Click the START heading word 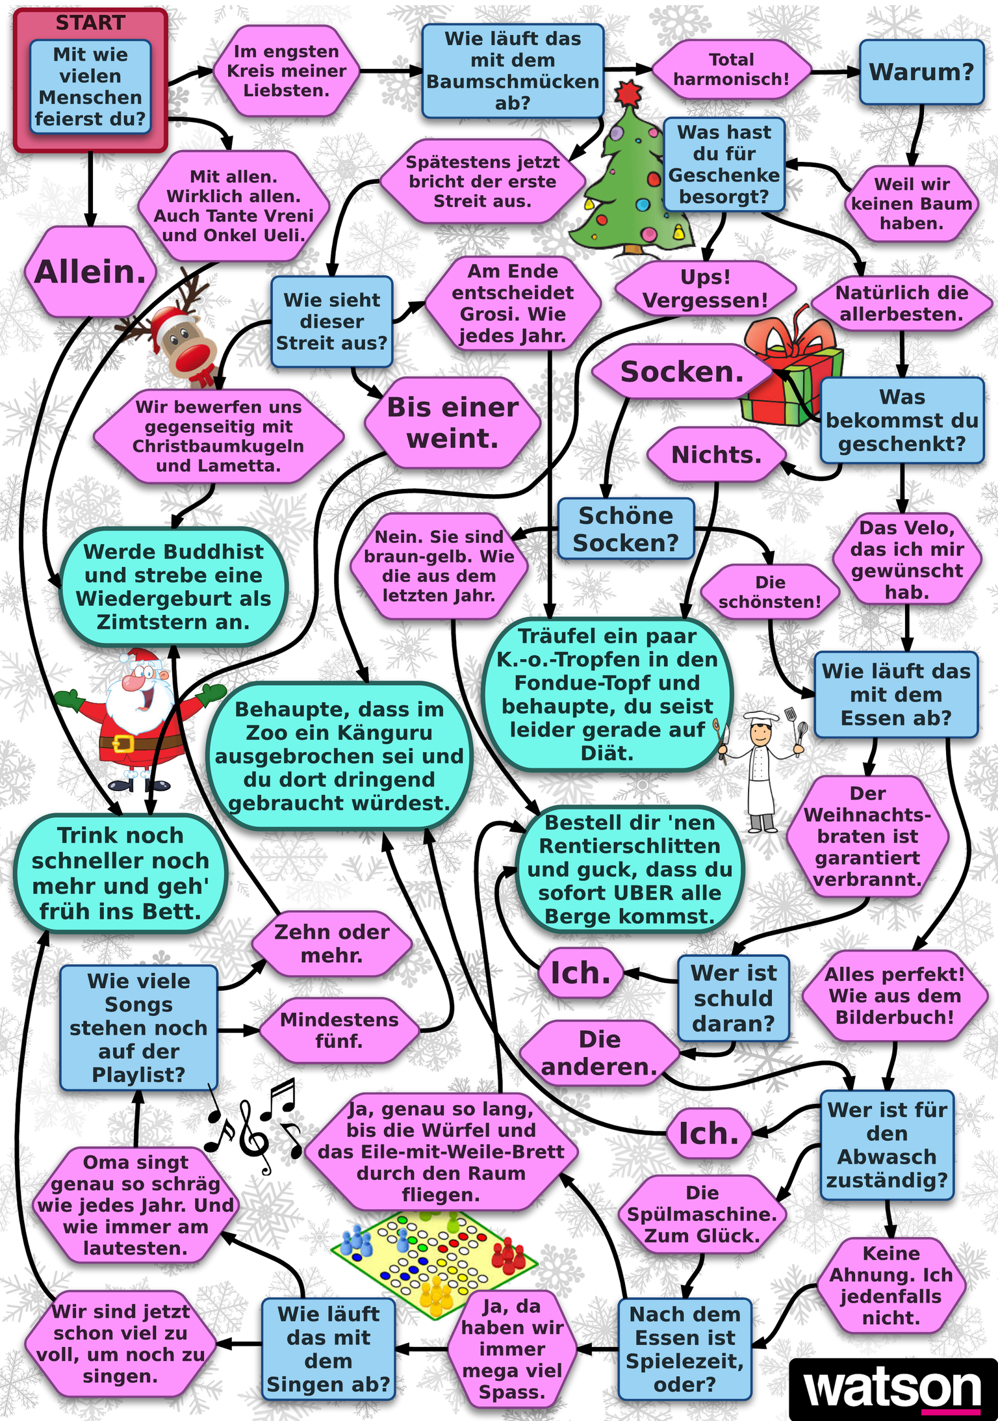tap(90, 23)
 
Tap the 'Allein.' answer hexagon tap(90, 272)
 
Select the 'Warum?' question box tap(921, 72)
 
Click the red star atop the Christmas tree tap(628, 93)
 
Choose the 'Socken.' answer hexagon tap(682, 372)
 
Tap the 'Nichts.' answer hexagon tap(716, 454)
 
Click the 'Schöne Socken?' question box tap(626, 528)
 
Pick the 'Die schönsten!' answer tap(770, 592)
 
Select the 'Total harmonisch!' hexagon tap(731, 70)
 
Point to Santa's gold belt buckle tap(123, 743)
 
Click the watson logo tap(893, 1388)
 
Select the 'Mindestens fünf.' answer tap(339, 1030)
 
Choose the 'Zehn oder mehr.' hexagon tap(331, 943)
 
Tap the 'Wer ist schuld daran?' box tap(734, 998)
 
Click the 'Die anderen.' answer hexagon tap(599, 1052)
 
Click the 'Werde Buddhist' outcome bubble tap(173, 586)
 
